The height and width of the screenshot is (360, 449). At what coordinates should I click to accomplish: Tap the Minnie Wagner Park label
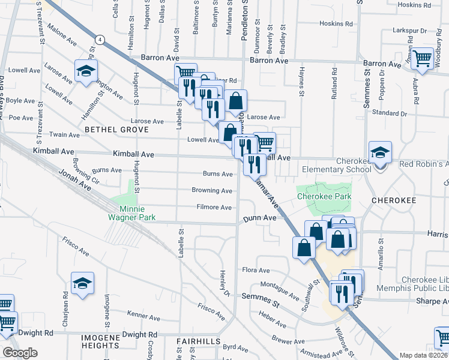132,213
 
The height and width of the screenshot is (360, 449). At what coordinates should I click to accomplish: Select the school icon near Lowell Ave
86,71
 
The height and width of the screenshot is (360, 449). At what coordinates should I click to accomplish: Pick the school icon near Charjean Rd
82,284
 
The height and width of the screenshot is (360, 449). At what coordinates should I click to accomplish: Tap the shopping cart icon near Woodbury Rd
423,59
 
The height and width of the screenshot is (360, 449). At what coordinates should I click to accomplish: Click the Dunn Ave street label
260,218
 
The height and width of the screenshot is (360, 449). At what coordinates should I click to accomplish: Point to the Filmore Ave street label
214,208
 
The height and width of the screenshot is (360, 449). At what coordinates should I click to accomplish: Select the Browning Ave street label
212,191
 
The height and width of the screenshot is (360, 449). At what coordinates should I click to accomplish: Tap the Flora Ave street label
255,270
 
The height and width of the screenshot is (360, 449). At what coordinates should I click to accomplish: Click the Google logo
20,352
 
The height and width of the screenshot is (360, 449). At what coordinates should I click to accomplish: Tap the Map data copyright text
424,355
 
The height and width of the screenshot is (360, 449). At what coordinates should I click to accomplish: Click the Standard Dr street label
390,113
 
